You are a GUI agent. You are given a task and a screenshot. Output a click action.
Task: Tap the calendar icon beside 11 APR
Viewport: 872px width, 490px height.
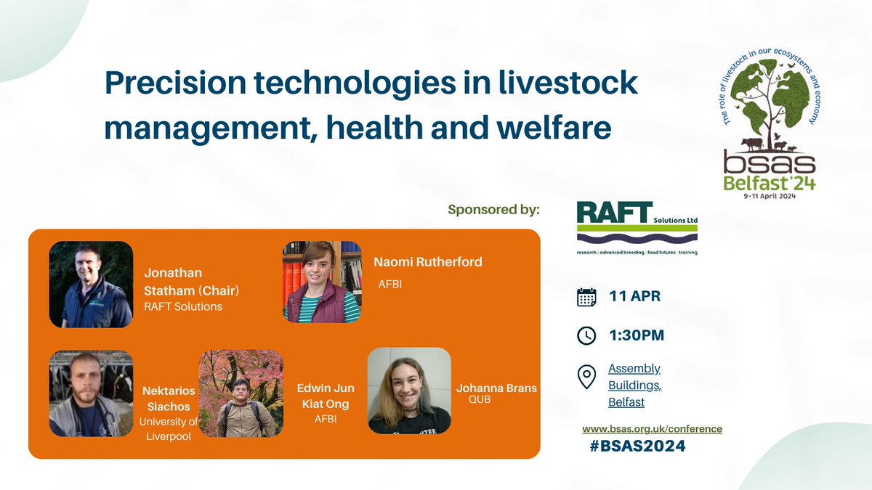[x=586, y=297]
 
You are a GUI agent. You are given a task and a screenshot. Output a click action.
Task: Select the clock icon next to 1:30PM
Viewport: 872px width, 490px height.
[x=586, y=335]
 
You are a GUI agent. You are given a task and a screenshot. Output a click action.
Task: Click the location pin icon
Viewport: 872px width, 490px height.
[x=586, y=377]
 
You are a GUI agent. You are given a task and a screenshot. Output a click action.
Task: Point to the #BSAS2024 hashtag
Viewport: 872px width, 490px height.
[x=637, y=446]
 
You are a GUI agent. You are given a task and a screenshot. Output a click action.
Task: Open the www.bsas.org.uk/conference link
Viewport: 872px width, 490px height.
[x=652, y=428]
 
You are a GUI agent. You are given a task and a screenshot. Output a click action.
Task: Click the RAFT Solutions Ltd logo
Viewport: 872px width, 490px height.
[x=637, y=227]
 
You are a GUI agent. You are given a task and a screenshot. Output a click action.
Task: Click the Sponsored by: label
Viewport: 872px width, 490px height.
[x=493, y=211]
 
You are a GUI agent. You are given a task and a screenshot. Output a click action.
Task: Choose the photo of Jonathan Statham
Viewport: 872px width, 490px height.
[x=91, y=285]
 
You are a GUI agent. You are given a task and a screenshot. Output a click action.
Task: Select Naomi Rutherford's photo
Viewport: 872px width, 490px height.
[x=322, y=282]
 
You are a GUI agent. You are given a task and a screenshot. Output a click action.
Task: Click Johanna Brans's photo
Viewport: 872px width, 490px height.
[x=409, y=390]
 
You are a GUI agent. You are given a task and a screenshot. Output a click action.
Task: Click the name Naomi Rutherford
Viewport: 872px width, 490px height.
[x=427, y=262]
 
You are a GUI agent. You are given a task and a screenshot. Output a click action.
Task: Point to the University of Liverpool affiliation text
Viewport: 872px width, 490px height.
[x=169, y=429]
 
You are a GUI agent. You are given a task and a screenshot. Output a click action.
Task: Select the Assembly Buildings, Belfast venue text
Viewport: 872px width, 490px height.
[x=634, y=385]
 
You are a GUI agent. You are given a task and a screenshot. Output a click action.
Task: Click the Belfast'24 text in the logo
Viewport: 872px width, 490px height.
[x=769, y=183]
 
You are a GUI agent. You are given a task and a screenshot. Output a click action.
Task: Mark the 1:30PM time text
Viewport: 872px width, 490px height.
[x=636, y=335]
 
